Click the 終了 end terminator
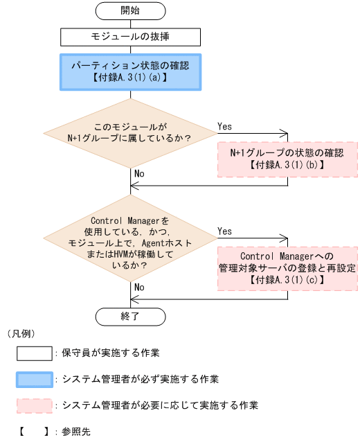130,315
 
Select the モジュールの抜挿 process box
130,36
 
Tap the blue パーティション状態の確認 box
130,72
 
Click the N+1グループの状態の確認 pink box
287,159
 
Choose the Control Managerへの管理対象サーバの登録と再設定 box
287,267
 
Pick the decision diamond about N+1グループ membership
130,132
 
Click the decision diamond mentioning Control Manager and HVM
130,243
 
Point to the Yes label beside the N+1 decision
225,126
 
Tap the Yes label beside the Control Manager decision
225,231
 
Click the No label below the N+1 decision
140,173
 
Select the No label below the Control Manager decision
140,286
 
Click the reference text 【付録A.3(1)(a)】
130,79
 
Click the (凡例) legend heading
20,333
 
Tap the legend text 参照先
76,431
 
